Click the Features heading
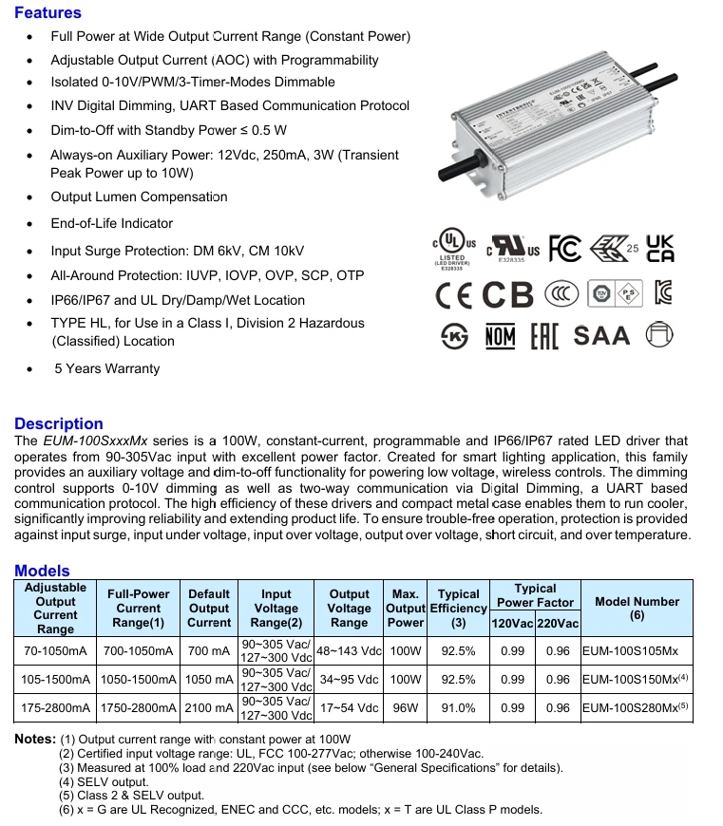(x=48, y=13)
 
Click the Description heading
(x=59, y=423)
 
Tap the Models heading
(x=42, y=571)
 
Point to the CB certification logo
(x=508, y=295)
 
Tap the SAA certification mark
(x=601, y=336)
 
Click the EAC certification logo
(x=542, y=336)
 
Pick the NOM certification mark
(x=500, y=336)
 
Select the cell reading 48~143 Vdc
(x=349, y=652)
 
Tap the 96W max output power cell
(x=405, y=707)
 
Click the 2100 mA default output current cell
(x=209, y=707)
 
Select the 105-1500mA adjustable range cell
(x=55, y=680)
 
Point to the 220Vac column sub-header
(x=558, y=623)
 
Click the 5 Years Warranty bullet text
(x=106, y=368)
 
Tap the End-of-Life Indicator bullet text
(x=112, y=223)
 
